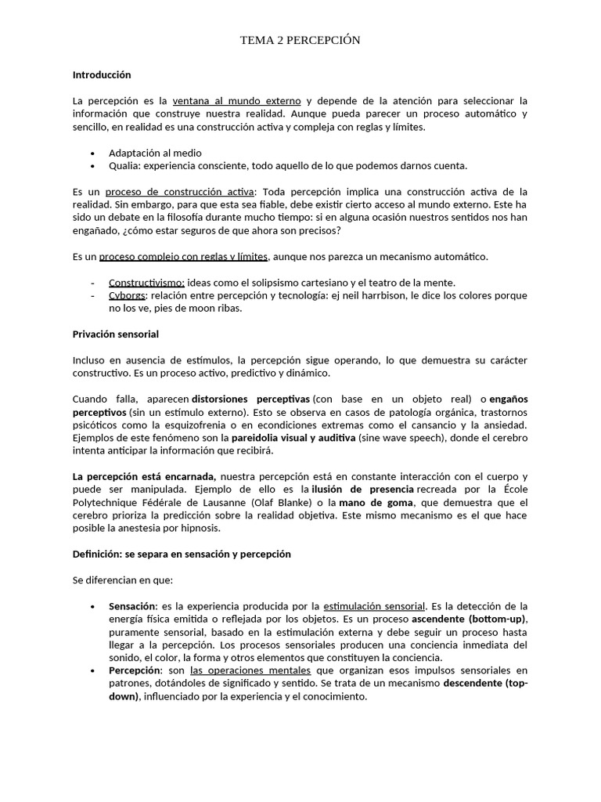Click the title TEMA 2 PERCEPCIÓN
[300, 41]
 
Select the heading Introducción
[101, 75]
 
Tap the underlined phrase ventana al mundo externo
[236, 101]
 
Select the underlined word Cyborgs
[127, 295]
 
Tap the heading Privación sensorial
[115, 334]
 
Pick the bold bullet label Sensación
[132, 606]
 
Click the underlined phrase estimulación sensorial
[374, 606]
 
